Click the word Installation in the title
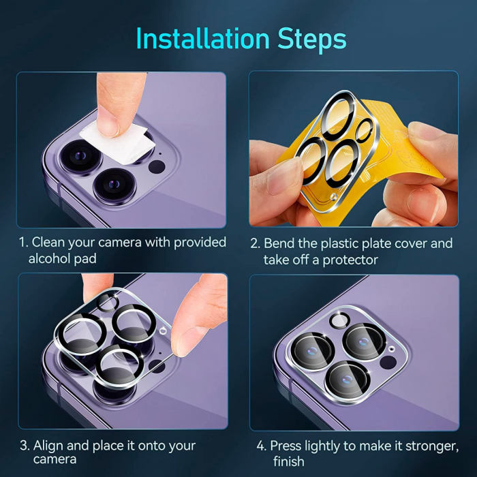coord(202,38)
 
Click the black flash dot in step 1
coord(157,167)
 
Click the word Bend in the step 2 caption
coord(279,243)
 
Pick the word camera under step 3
coord(55,460)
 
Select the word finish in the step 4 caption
coord(288,461)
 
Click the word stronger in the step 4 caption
coord(432,446)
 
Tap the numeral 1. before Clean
coord(23,243)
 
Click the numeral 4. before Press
coord(261,446)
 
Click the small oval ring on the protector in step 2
coord(364,131)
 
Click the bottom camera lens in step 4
coord(347,380)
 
